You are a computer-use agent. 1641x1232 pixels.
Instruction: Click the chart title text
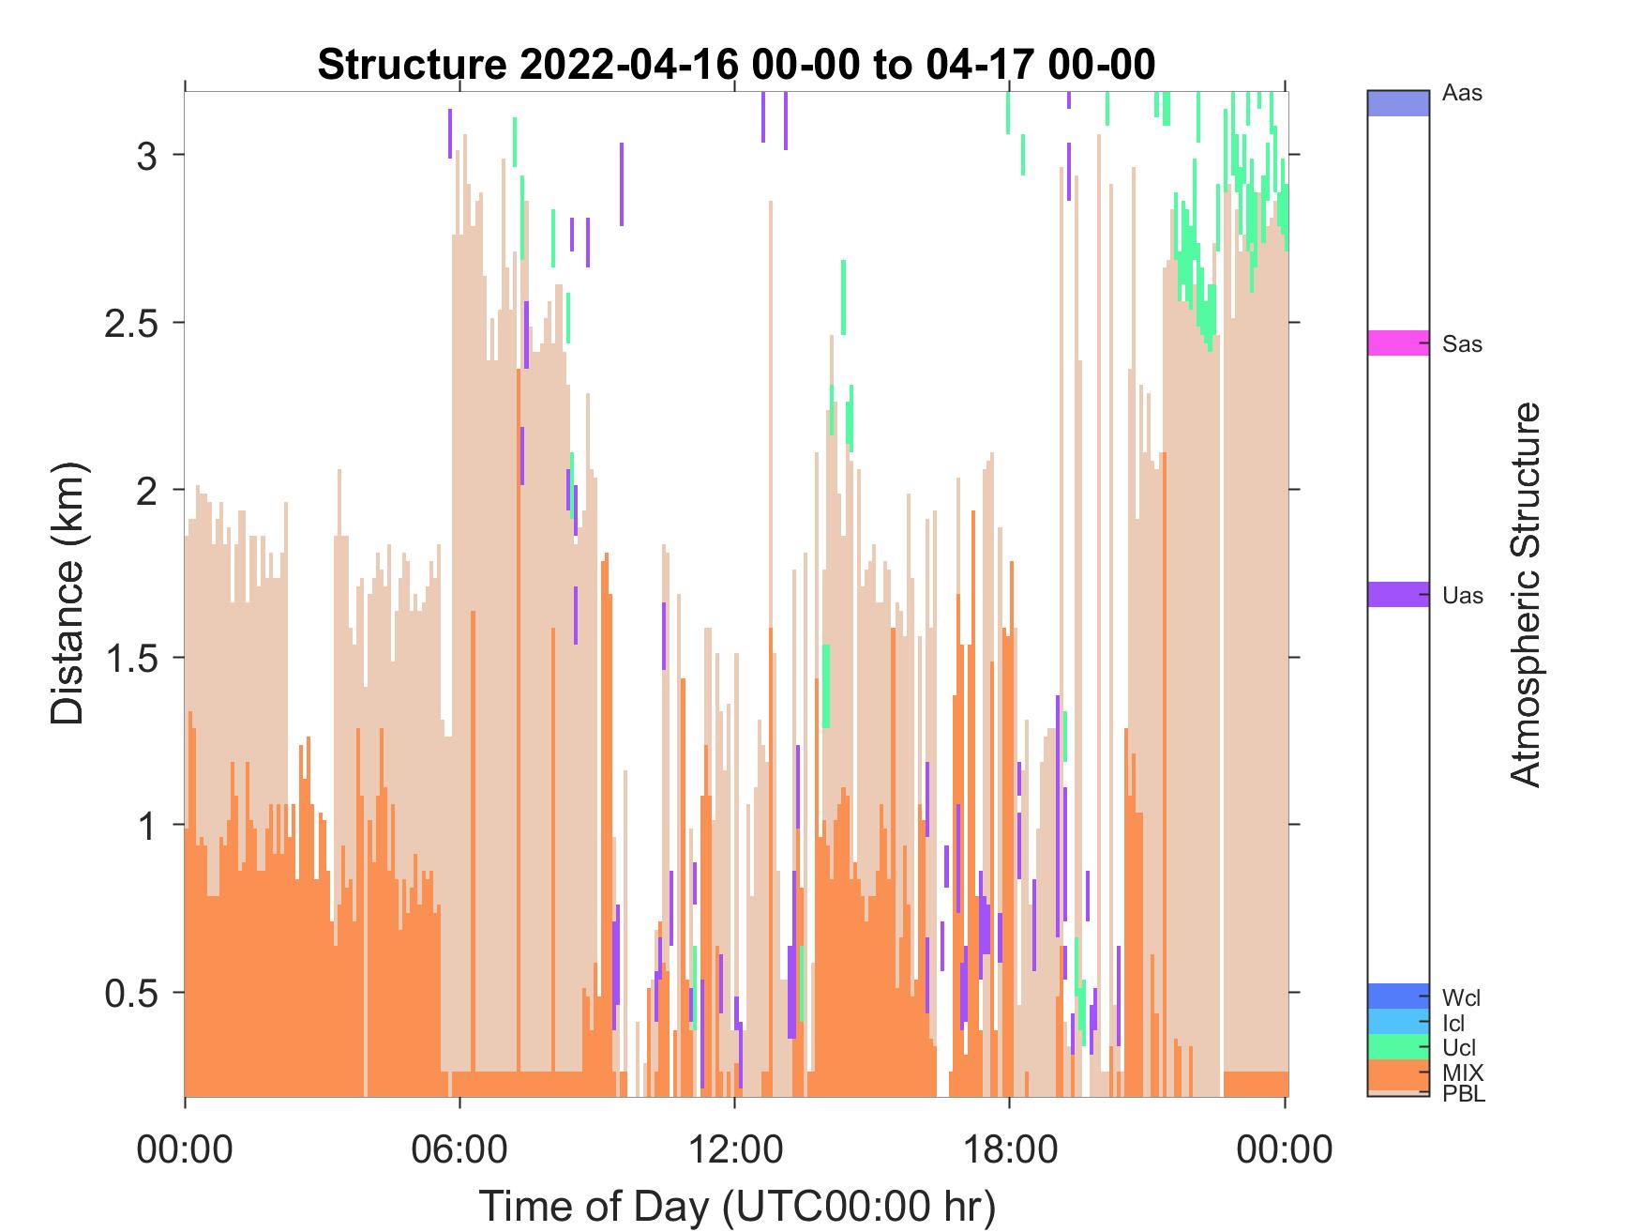coord(736,65)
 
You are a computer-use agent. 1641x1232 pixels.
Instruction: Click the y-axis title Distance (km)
coord(67,593)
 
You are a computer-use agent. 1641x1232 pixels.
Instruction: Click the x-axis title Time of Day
coord(737,1206)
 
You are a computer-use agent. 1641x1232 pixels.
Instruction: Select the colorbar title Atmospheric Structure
coord(1526,594)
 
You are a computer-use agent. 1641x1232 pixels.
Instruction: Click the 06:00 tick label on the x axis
coord(459,1148)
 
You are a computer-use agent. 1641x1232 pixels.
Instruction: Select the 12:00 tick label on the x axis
coord(734,1148)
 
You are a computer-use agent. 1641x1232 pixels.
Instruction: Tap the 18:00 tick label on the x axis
coord(1009,1148)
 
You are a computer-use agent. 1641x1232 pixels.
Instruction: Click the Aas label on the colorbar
coord(1463,94)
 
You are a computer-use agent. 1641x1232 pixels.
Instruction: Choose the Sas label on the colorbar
coord(1463,344)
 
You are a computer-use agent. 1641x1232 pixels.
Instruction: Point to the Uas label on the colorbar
coord(1463,596)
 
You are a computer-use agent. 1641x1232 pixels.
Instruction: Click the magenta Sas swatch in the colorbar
coord(1398,343)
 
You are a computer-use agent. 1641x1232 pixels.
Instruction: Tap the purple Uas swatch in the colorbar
coord(1398,595)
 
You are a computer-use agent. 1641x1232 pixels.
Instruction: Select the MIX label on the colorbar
coord(1463,1072)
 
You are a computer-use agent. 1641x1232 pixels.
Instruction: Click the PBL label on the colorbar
coord(1464,1093)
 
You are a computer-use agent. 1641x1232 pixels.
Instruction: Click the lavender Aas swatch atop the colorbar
coord(1398,103)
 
